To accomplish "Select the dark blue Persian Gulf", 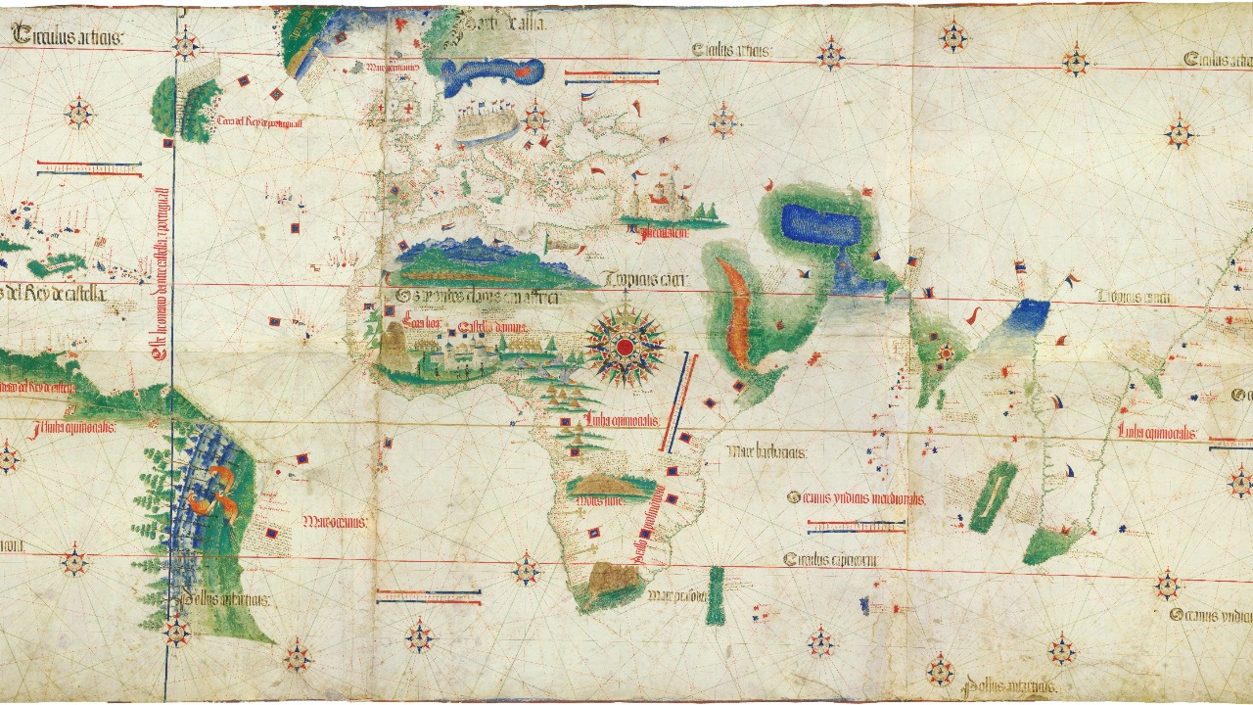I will pos(820,227).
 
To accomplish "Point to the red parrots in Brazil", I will pos(215,490).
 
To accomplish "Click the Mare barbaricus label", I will pos(766,452).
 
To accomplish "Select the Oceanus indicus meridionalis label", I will pos(855,498).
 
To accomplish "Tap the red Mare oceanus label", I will pos(335,522).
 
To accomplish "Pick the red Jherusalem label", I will pos(659,233).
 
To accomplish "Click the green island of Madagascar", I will pos(992,496).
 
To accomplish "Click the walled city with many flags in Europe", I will pos(487,123).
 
